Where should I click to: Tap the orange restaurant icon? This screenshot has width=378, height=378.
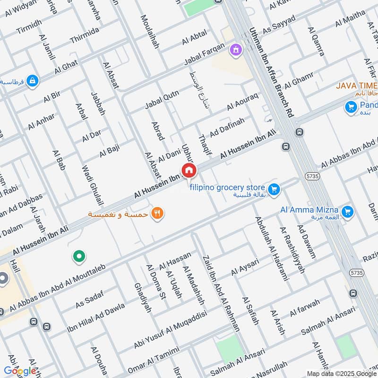click(157, 214)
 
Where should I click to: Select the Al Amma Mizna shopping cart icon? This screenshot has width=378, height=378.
click(348, 212)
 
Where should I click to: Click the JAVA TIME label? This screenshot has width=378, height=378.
click(357, 86)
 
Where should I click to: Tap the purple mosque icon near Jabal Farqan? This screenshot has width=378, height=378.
click(235, 49)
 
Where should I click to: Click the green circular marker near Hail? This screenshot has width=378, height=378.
click(79, 257)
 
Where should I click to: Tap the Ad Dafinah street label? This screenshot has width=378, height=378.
click(227, 128)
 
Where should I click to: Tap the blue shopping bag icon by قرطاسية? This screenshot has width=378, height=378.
click(32, 81)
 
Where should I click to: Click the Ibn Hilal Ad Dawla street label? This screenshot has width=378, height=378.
click(96, 315)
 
